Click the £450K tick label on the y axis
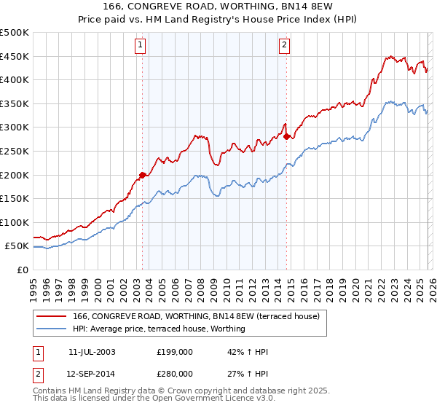pos(15,56)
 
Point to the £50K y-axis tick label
pos(17,246)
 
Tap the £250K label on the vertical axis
pos(15,151)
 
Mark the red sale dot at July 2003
pos(142,175)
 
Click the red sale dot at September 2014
pos(286,136)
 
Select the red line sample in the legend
pos(51,316)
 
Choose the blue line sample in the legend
pos(51,329)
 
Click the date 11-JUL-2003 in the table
pos(91,352)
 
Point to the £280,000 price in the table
pos(174,373)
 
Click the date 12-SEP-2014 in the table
pos(91,373)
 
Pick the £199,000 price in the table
pos(174,352)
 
